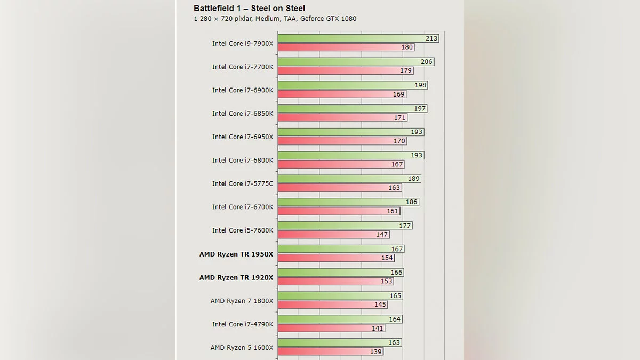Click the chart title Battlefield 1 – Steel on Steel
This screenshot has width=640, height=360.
tap(249, 8)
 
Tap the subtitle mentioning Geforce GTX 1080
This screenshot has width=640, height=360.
tap(275, 19)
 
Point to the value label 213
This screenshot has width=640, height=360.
tap(431, 38)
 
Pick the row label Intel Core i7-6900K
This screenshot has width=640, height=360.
tap(243, 90)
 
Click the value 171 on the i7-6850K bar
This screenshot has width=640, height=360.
tap(399, 117)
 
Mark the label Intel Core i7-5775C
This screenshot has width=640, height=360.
tap(243, 183)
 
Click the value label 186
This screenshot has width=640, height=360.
tap(411, 202)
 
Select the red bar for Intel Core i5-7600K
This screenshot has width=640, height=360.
tap(325, 235)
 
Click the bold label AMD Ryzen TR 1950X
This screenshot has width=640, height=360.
tap(236, 254)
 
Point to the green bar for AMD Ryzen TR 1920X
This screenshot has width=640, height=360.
tap(333, 273)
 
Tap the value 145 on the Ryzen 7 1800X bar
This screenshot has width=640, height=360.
tap(380, 305)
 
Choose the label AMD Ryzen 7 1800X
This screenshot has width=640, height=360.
tap(242, 301)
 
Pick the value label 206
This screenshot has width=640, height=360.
tap(426, 62)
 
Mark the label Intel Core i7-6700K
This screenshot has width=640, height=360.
tap(243, 207)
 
